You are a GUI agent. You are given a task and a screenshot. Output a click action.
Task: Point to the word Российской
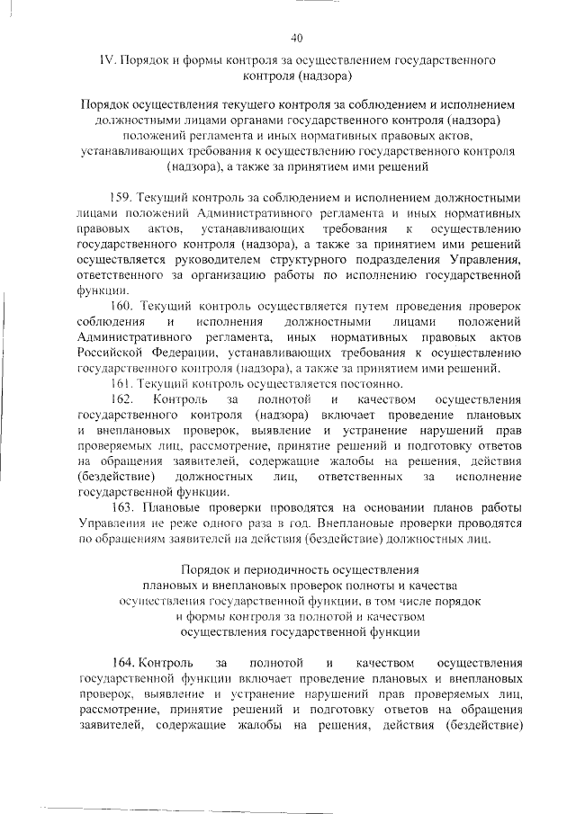pos(111,353)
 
